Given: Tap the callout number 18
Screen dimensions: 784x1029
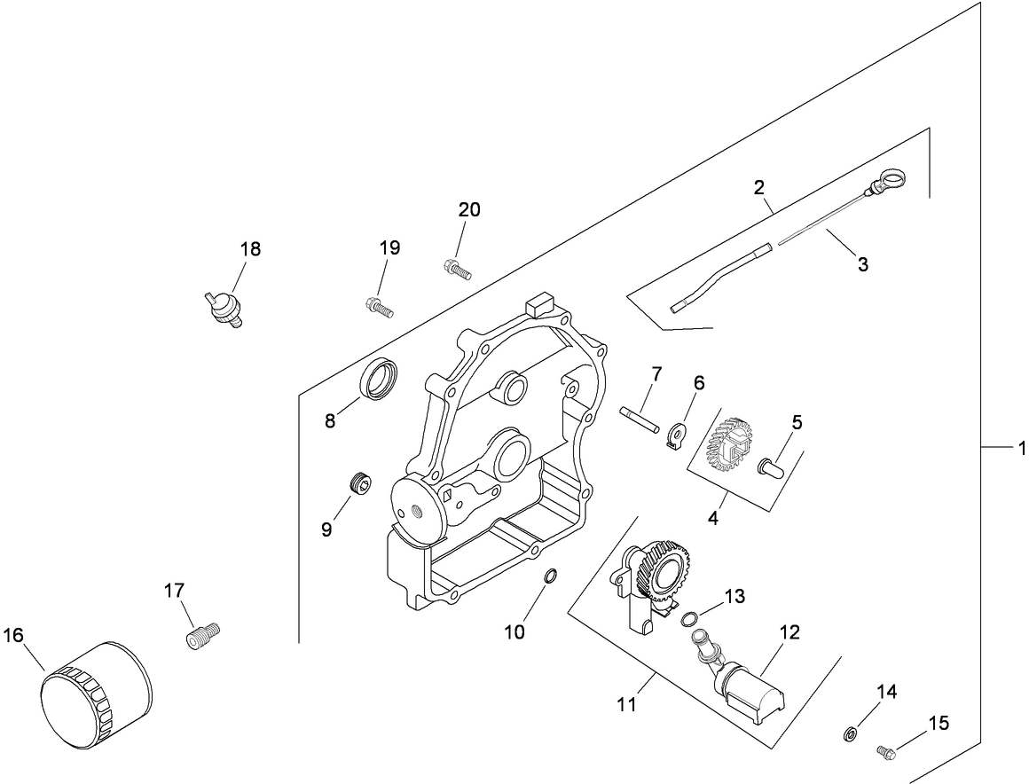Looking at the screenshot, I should tap(251, 249).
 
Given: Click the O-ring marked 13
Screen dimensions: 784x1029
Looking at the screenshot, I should tap(689, 620).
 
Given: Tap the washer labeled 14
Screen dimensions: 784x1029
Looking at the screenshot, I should tap(849, 733).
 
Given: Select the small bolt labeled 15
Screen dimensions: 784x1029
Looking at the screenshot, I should tap(886, 752).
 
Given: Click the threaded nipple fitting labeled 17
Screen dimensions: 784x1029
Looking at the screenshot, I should tap(204, 635).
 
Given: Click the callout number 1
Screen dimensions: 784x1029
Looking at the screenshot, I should tap(1021, 450).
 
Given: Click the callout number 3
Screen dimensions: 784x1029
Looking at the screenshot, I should tap(863, 263).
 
